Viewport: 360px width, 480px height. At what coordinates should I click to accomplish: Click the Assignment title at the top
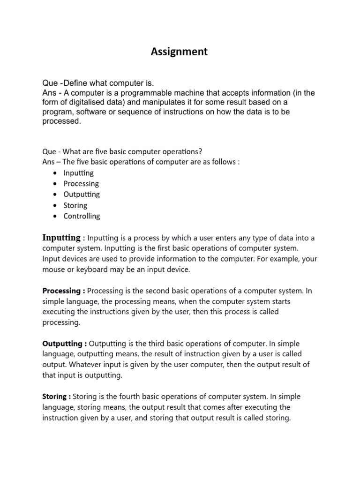pyautogui.click(x=179, y=52)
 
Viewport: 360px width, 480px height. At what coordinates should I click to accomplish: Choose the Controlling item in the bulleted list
pyautogui.click(x=82, y=216)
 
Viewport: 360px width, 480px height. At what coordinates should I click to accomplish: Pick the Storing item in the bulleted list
pyautogui.click(x=75, y=205)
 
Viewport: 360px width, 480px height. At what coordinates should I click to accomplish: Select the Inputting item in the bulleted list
pyautogui.click(x=78, y=173)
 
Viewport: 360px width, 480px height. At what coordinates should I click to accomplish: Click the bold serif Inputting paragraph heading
pyautogui.click(x=61, y=237)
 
